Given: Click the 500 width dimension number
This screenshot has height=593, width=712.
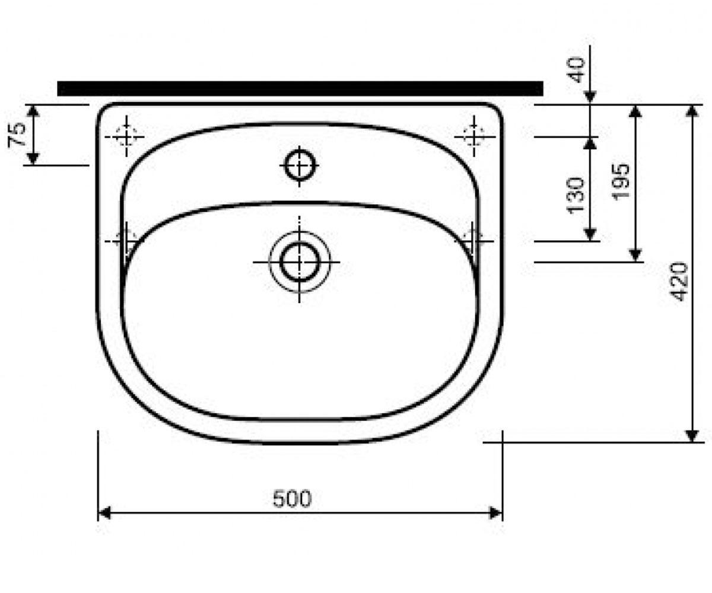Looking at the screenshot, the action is pos(293,499).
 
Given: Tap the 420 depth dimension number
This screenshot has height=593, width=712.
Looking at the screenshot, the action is pos(679,282).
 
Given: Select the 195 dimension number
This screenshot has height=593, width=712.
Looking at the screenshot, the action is pos(620,182).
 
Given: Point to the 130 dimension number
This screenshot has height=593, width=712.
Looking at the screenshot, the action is pos(576,195).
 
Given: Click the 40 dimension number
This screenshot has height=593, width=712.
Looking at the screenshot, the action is pos(576,71).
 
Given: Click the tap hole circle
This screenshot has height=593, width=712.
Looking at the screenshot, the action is pos(300,166).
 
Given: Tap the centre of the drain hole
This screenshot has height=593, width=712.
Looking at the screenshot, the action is pos(300,262).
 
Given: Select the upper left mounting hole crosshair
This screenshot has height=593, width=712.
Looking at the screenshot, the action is pos(126,136).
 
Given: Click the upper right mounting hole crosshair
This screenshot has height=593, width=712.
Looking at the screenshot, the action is pos(474,136).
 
